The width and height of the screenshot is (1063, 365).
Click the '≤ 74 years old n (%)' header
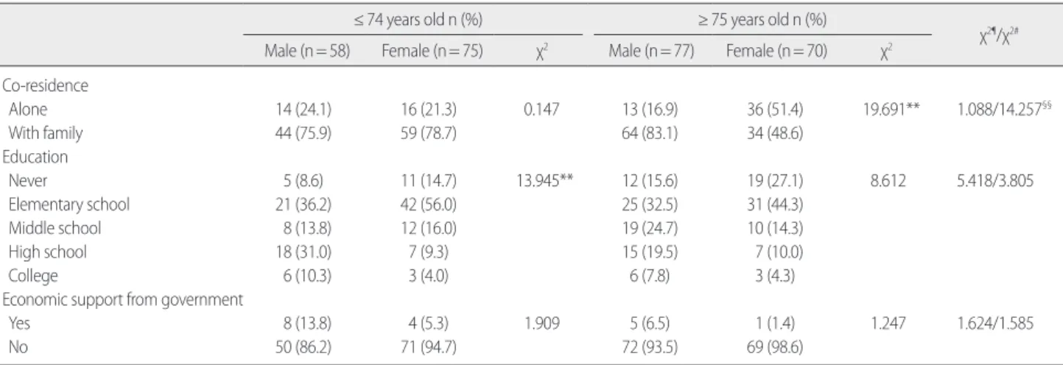(x=418, y=20)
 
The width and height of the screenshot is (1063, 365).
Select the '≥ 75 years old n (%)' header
(x=762, y=20)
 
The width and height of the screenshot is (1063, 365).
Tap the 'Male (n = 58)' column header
(x=307, y=51)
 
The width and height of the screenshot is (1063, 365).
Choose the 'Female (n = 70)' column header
(x=776, y=51)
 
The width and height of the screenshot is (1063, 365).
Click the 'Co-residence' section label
(x=45, y=85)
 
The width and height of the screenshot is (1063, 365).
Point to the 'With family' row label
(x=46, y=133)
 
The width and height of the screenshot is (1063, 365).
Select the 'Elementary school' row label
(x=69, y=205)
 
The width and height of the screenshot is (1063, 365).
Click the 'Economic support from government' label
(x=122, y=300)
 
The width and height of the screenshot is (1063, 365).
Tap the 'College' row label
(x=33, y=276)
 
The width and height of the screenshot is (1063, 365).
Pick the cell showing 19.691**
(x=891, y=110)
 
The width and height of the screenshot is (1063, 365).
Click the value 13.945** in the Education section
(x=545, y=180)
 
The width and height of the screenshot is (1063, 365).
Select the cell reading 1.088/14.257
(x=1004, y=109)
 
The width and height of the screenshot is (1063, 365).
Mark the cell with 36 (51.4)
(x=775, y=110)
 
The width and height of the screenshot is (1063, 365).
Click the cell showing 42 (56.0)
(x=428, y=205)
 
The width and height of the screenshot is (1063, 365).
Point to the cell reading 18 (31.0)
(x=304, y=252)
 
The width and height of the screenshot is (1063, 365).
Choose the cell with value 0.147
(x=541, y=110)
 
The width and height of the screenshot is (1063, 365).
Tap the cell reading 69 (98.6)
(x=775, y=347)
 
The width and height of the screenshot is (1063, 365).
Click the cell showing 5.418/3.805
(x=995, y=180)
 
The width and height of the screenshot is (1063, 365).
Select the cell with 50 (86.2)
(x=304, y=347)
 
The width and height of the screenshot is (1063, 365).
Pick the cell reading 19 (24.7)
(x=650, y=228)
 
